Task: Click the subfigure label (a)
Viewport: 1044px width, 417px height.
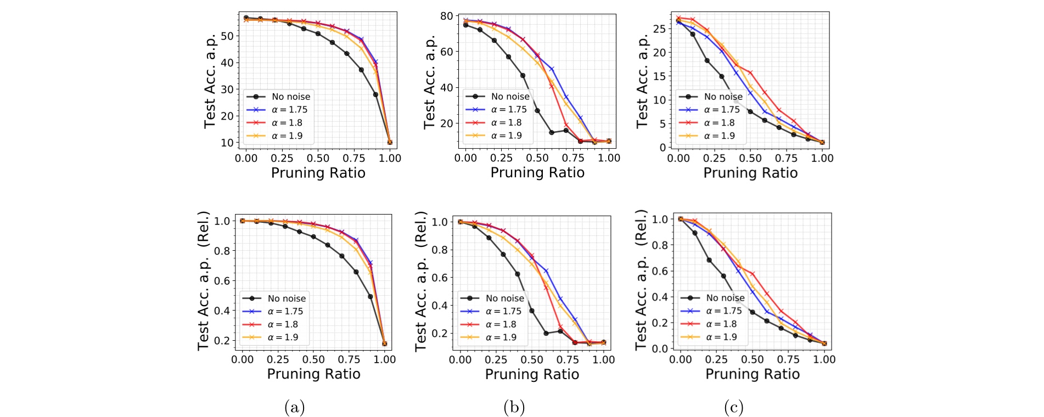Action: pos(294,407)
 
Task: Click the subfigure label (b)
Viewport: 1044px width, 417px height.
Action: pos(514,407)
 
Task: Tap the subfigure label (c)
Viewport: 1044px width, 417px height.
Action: pos(734,407)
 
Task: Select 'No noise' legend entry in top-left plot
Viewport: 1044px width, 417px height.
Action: pos(291,97)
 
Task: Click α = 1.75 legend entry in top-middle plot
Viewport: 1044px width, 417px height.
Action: pos(509,109)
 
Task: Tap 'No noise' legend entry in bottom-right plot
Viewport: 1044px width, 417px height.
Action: pos(725,297)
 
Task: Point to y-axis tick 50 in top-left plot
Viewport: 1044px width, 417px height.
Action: pos(227,36)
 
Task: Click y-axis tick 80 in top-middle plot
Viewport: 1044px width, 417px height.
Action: pos(446,16)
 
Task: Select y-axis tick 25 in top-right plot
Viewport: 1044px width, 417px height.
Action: pos(659,29)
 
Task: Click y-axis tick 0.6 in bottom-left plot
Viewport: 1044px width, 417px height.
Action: pos(222,281)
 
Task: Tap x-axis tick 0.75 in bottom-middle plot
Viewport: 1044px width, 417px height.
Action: pos(568,360)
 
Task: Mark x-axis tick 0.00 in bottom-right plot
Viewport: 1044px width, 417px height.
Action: pos(681,359)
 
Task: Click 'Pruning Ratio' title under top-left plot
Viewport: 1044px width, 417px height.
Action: pos(318,173)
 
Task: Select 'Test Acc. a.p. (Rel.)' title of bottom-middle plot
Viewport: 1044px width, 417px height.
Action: pos(422,281)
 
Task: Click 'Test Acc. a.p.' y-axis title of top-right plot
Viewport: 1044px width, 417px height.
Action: pos(642,81)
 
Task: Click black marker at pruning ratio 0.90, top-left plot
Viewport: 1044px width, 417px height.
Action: pos(376,94)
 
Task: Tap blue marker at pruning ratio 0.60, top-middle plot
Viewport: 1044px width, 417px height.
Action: pos(552,69)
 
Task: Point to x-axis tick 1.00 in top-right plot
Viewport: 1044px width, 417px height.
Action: pos(822,158)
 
